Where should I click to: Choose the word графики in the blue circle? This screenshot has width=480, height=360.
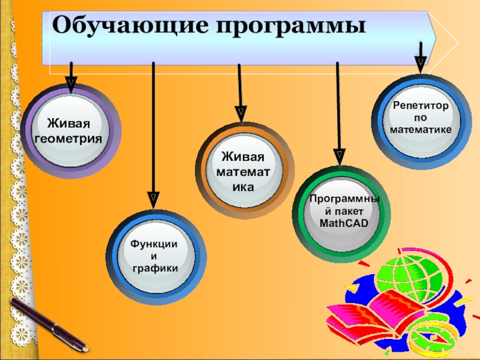[155, 268]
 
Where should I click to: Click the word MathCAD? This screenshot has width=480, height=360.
[343, 223]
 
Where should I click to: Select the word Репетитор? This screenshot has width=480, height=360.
[421, 106]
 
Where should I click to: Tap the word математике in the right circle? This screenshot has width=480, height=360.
[421, 129]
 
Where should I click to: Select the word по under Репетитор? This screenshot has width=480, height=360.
[421, 118]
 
